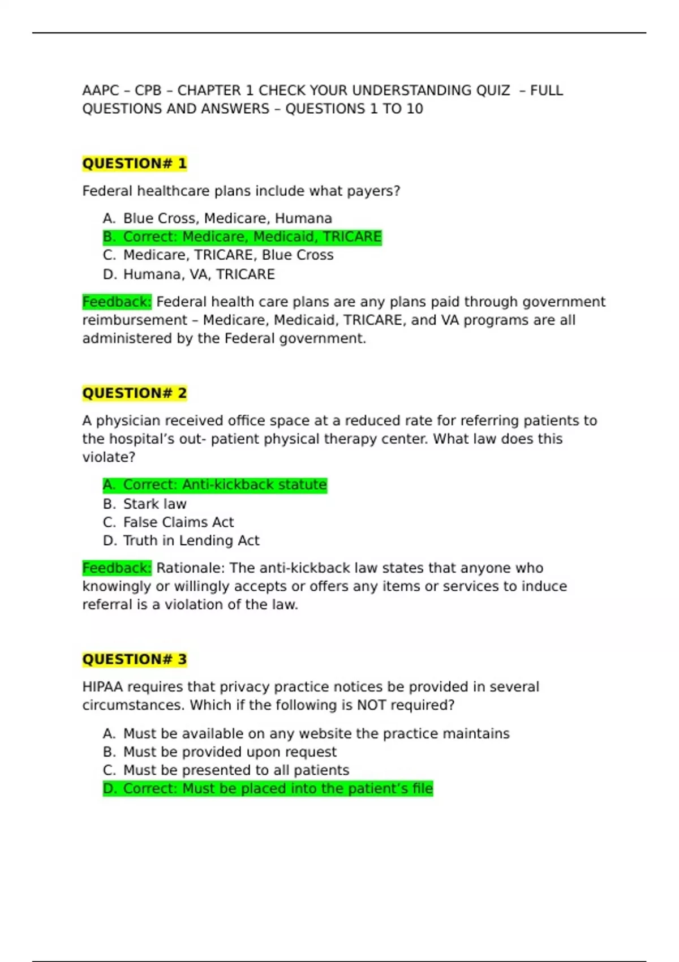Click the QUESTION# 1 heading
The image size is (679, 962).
point(134,164)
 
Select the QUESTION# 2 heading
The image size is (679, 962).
point(134,393)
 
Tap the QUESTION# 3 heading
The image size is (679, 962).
point(134,659)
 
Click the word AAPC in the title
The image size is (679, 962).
point(101,91)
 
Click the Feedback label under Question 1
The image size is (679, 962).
point(117,302)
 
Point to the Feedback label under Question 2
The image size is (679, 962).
point(117,568)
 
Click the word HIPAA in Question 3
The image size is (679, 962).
point(102,687)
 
